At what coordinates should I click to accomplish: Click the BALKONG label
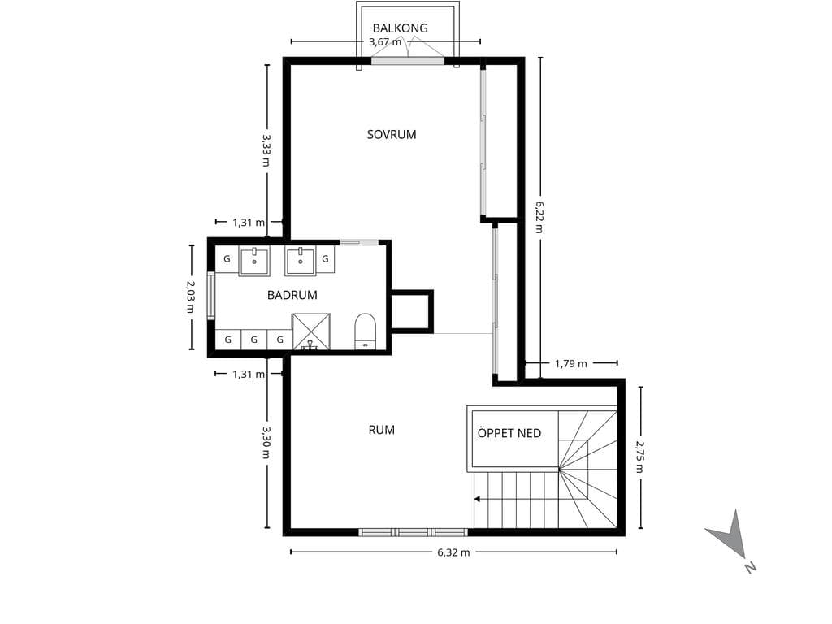(400, 28)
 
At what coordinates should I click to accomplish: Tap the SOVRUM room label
(392, 134)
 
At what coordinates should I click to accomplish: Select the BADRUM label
(292, 295)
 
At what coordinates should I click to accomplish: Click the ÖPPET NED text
(509, 433)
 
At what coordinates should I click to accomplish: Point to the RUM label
(382, 430)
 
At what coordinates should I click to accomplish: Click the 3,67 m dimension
(385, 42)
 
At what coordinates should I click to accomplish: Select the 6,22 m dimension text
(539, 217)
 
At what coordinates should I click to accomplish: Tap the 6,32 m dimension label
(453, 552)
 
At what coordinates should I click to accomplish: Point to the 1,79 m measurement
(571, 363)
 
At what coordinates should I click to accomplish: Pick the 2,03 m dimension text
(190, 297)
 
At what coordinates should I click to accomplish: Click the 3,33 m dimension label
(266, 149)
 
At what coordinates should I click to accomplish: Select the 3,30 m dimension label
(266, 443)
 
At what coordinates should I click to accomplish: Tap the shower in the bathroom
(311, 331)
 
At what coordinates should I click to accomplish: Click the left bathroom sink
(254, 261)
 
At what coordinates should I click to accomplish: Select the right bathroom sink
(301, 261)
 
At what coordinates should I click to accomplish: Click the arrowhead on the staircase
(478, 500)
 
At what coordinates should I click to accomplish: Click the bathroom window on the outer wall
(211, 296)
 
